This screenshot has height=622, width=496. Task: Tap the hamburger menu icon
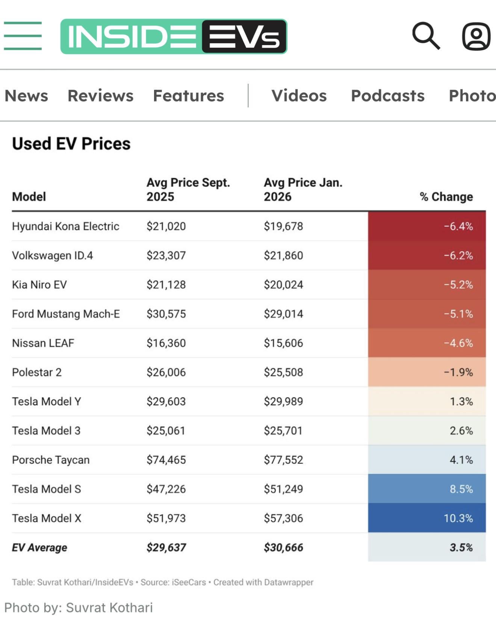[x=23, y=36]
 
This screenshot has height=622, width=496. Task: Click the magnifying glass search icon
[x=426, y=36]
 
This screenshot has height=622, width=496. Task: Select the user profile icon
[x=476, y=36]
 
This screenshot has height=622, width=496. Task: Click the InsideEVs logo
[x=174, y=36]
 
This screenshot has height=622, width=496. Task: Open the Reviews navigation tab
[x=100, y=96]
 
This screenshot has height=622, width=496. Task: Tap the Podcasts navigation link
[x=387, y=96]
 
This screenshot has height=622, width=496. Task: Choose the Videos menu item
[x=299, y=96]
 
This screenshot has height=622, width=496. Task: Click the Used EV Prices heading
[x=71, y=144]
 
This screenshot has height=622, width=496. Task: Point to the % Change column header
[x=446, y=196]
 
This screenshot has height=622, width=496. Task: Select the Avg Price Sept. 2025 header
[x=188, y=189]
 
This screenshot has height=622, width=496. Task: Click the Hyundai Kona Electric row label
[x=65, y=226]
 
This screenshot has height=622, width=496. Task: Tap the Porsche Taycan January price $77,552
[x=283, y=460]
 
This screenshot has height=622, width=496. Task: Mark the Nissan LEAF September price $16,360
[x=166, y=343]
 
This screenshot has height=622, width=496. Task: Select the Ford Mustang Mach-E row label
[x=66, y=314]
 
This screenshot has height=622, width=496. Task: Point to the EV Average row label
[x=39, y=548]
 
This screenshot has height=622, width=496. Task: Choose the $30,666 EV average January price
[x=283, y=548]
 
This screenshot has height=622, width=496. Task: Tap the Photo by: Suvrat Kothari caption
[x=79, y=607]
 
